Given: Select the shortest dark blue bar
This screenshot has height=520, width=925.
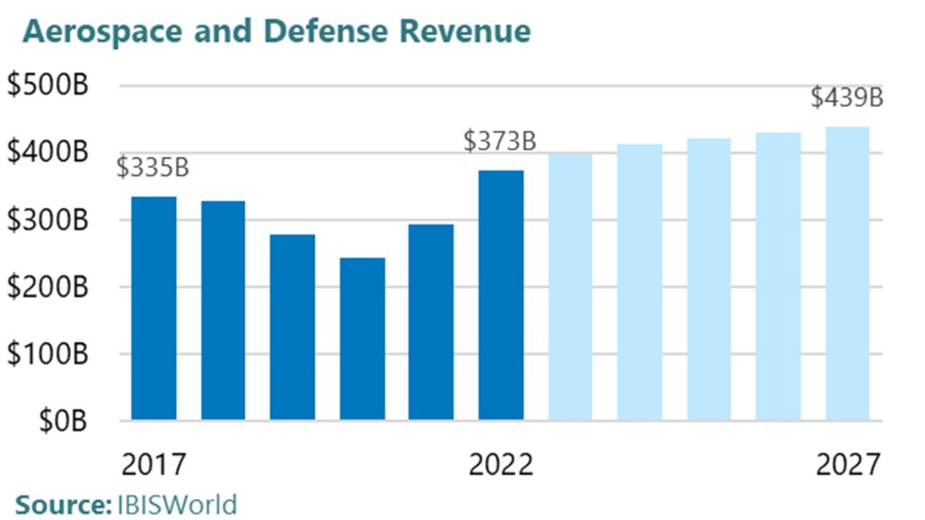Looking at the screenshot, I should (x=362, y=339).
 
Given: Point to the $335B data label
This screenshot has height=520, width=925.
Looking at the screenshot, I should (x=153, y=168).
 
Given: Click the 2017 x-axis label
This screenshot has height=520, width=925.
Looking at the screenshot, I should (x=153, y=465).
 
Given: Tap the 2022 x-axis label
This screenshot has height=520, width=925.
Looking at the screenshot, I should (x=500, y=465).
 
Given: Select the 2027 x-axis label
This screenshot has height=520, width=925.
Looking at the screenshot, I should (x=847, y=465).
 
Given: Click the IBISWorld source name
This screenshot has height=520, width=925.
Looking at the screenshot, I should (x=176, y=504).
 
